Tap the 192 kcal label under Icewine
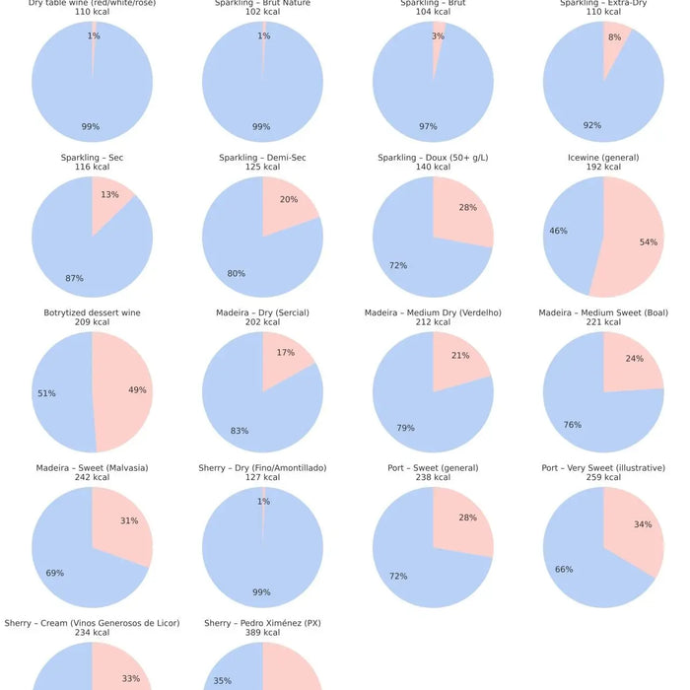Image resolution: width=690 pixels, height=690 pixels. point(603,168)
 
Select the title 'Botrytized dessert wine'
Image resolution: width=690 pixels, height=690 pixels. point(92,312)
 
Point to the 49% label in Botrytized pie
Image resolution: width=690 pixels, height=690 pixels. point(137,390)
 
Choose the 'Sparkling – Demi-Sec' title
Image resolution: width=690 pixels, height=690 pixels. point(262,158)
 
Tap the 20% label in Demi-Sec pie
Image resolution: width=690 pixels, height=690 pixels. point(288,200)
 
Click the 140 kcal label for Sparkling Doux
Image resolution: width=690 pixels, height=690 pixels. point(433,168)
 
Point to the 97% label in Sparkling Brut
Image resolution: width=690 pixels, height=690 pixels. point(429,127)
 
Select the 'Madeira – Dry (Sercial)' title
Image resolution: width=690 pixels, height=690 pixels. point(262,312)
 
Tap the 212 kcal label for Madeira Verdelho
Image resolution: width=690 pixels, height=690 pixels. point(433,322)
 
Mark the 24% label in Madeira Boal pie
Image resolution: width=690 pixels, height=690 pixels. point(634,359)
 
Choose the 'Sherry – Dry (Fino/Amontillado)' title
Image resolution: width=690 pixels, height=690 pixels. point(262,467)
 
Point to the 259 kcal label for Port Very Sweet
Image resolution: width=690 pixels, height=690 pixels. point(603,477)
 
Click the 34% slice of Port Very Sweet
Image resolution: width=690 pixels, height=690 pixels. point(636,532)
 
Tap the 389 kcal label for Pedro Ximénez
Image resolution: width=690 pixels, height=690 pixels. point(262,633)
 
